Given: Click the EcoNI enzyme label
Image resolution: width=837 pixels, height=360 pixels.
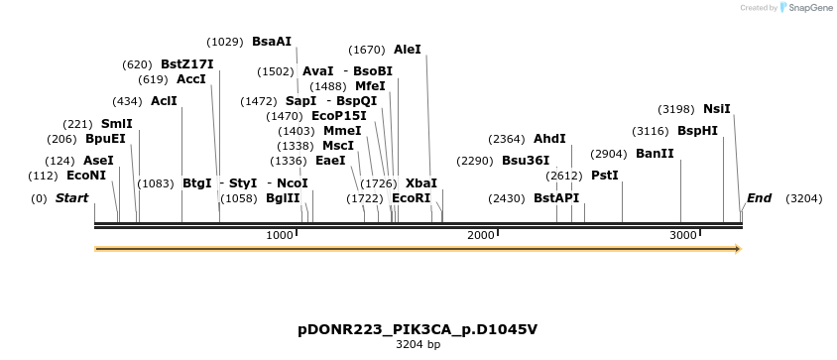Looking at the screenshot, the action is point(86,176).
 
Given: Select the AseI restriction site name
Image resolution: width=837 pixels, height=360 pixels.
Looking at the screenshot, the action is point(98,160).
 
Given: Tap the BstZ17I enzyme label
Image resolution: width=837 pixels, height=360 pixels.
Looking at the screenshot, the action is point(186,64).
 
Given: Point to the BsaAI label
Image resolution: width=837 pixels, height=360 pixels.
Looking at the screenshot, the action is point(272,42).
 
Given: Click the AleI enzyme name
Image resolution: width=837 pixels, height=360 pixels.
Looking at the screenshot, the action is point(408,49).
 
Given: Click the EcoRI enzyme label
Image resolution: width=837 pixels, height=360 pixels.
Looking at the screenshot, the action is point(412,198).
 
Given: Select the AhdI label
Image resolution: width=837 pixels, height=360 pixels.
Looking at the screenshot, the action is point(549,139).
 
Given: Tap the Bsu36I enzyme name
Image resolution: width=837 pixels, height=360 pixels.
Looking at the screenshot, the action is point(526,160).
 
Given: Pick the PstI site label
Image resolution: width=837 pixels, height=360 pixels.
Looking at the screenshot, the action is point(605,176).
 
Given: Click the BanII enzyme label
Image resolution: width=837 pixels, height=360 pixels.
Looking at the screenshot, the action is point(655,154).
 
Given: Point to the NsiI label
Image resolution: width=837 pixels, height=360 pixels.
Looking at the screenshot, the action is point(717,109).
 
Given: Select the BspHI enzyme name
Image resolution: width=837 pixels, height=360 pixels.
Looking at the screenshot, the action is point(697,131).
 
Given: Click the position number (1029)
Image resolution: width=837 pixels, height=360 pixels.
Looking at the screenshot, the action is point(224,42).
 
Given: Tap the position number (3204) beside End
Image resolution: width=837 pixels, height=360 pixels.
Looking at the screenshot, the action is point(803,198).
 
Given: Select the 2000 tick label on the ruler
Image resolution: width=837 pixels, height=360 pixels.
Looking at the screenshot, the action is point(481,235).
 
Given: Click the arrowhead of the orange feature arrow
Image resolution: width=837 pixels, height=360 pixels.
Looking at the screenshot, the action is point(737,249).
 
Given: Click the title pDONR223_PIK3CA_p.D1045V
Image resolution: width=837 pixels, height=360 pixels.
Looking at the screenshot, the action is point(418,328).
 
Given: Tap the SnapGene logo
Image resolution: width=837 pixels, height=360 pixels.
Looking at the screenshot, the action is point(805,8).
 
